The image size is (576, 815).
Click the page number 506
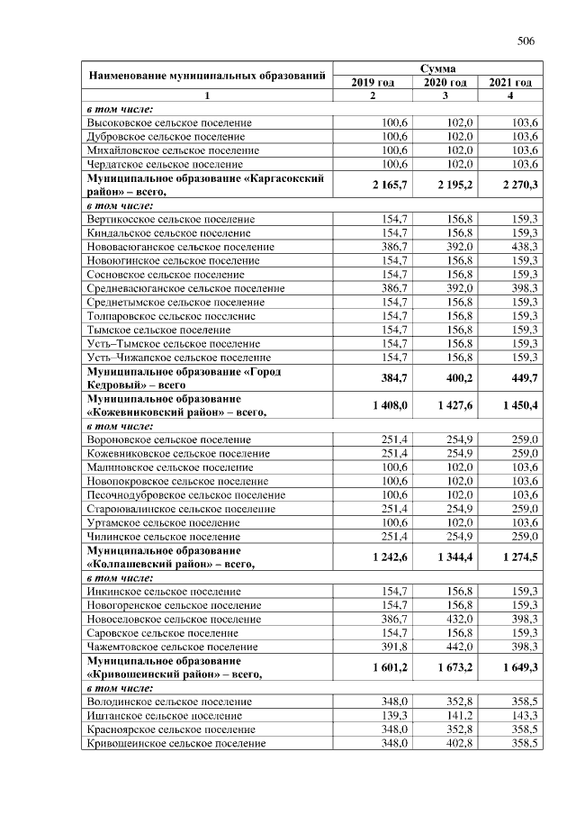526,41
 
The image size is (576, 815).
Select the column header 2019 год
372,83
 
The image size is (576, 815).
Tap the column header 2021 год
510,83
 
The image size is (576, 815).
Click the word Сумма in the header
437,68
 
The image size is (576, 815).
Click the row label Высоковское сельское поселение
169,122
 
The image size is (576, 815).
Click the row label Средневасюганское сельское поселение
186,288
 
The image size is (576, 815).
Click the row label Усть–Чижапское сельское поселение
173,358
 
